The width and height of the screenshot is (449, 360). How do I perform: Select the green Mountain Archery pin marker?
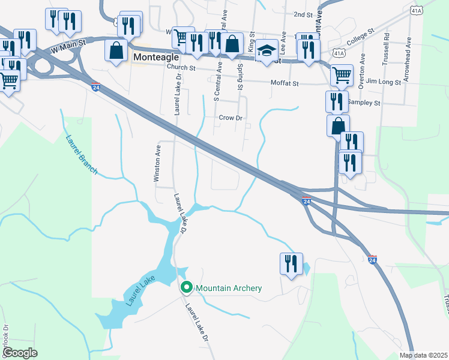186,289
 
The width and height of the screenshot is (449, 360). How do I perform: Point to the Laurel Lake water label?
140,291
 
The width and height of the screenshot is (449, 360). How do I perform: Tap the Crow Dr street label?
230,118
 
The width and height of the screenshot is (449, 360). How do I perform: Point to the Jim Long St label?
383,81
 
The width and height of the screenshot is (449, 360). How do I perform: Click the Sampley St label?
365,103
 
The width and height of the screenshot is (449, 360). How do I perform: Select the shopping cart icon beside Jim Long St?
341,75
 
